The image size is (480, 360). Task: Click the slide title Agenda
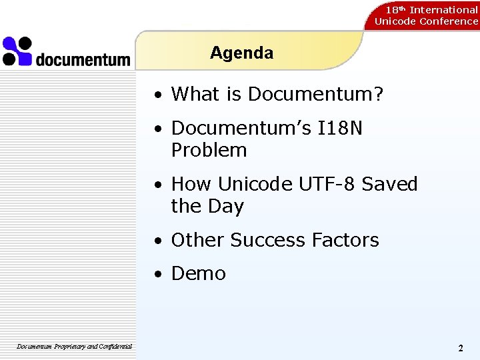241,53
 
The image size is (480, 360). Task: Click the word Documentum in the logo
83,60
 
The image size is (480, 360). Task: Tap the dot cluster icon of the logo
17,51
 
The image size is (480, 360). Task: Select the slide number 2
461,348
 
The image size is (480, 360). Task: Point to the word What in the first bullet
197,95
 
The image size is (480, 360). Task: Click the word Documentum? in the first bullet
316,95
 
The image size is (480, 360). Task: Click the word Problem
209,151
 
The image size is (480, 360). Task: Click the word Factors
350,240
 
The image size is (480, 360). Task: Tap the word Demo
199,273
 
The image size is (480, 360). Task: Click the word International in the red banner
443,10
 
